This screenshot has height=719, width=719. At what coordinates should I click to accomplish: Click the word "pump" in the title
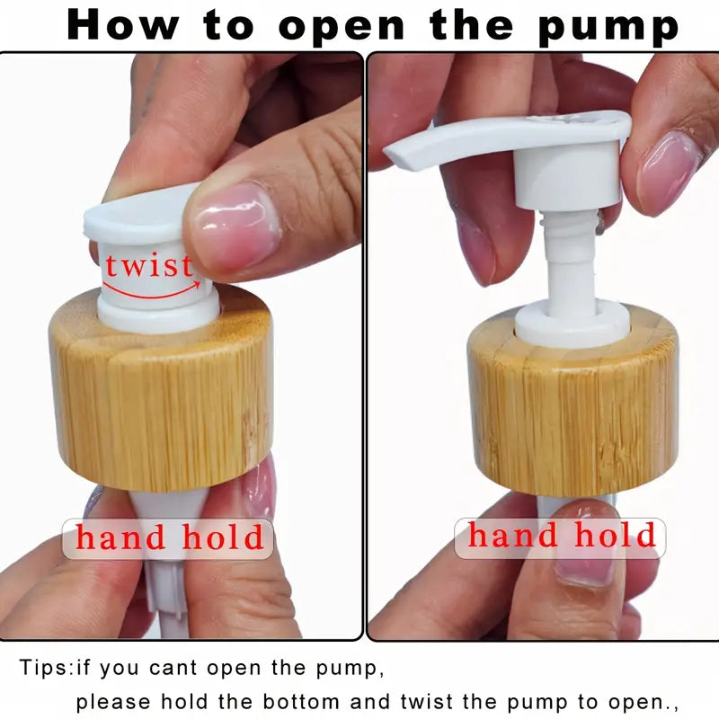tap(608, 26)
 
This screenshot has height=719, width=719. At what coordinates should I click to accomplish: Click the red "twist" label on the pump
tap(149, 265)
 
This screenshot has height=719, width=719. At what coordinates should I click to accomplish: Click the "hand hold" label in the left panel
tap(170, 537)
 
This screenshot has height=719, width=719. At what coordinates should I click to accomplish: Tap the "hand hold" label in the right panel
tap(562, 536)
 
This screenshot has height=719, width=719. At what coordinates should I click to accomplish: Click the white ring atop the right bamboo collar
tap(573, 326)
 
